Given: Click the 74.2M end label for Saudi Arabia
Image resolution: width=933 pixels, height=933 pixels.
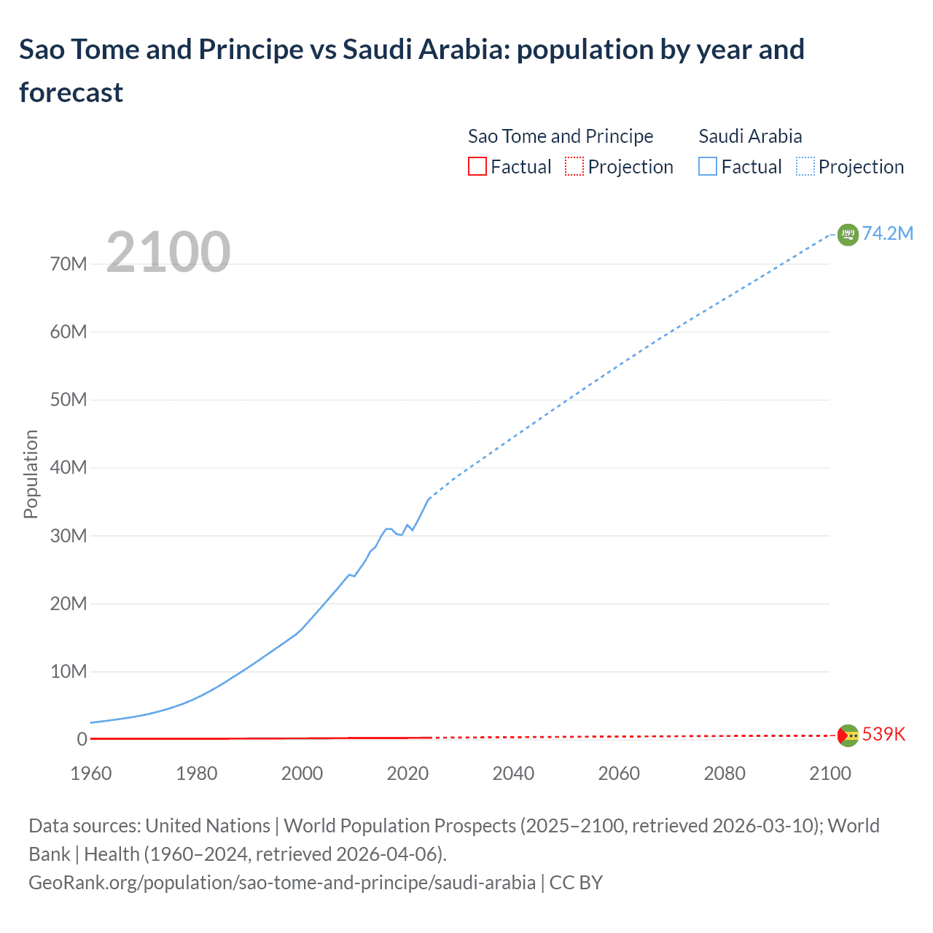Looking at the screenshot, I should click(x=887, y=233).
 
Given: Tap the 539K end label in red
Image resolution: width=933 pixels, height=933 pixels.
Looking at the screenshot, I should click(x=883, y=734).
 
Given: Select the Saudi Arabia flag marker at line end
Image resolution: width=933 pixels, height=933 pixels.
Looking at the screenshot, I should click(x=848, y=235).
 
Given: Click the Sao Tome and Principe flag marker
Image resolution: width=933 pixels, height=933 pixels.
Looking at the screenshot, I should click(x=848, y=735).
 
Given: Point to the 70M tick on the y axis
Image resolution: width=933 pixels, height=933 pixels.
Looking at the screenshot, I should click(x=69, y=264).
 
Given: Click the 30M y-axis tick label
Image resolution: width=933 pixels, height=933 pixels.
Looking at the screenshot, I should click(x=69, y=536).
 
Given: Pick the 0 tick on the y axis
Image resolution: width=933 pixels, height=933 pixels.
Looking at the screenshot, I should click(x=82, y=739).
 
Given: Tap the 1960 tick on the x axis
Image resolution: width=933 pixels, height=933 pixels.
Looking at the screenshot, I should click(x=91, y=773).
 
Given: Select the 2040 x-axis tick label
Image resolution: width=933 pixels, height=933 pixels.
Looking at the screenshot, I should click(x=513, y=773).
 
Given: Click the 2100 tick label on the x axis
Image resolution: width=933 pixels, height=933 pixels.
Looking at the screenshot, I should click(x=829, y=773).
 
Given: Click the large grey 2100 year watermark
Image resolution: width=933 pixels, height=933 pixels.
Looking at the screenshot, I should click(x=168, y=252).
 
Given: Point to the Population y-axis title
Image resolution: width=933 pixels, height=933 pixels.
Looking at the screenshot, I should click(x=31, y=474).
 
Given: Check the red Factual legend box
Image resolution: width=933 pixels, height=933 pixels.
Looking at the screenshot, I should click(x=477, y=167).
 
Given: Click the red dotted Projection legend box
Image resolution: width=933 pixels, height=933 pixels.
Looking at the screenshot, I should click(x=574, y=167).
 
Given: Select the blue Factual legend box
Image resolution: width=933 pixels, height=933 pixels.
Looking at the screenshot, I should click(x=707, y=167).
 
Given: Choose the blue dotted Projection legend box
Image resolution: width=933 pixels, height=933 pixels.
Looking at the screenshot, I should click(x=805, y=167).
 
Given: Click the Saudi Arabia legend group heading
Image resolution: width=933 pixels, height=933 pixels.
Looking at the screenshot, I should click(x=750, y=136).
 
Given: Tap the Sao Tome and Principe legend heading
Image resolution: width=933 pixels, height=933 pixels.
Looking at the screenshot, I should click(x=560, y=136).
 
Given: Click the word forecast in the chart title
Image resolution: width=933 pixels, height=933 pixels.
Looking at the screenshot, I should click(x=71, y=93).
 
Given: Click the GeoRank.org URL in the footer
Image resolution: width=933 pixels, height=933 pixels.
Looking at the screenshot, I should click(x=282, y=883).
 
